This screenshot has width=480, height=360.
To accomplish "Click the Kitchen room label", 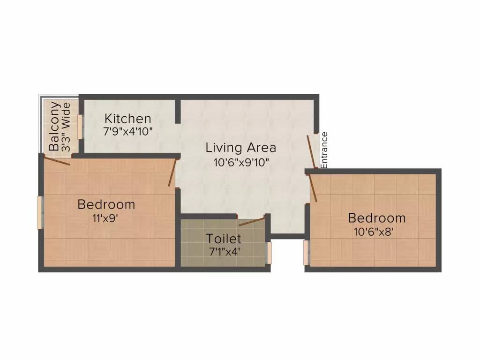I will [127, 119].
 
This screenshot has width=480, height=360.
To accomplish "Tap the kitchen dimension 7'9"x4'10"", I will [128, 131].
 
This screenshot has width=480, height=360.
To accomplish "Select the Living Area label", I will [240, 148].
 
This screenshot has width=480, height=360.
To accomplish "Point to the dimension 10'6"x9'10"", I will [240, 162].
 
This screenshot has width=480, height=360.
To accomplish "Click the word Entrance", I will [324, 150].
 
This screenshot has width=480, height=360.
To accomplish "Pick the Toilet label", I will [224, 239].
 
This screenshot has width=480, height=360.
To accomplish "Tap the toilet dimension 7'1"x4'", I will [224, 251].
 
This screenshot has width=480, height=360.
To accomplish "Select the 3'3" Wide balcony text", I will [66, 127].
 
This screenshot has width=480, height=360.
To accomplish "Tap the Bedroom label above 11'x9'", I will [106, 204].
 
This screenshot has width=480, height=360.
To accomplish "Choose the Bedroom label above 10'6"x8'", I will [377, 218].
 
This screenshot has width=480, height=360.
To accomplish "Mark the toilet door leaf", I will [252, 221].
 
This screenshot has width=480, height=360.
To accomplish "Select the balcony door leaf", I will [57, 161].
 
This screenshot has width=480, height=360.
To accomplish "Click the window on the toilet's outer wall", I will [269, 253].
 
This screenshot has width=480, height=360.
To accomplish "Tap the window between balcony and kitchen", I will [80, 126].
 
